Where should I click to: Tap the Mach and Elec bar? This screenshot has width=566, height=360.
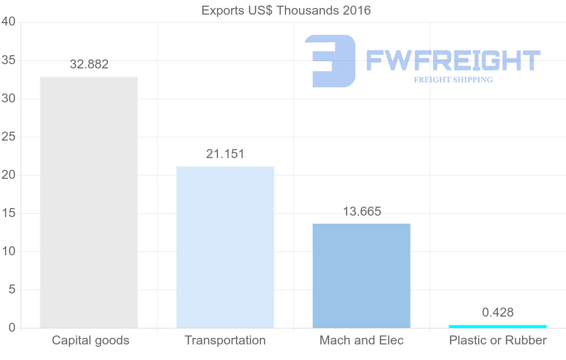tap(361, 276)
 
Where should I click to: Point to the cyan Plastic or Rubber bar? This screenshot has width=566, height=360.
tap(498, 326)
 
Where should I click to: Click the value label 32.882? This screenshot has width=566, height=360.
tap(89, 64)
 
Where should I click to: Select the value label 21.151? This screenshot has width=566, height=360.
tap(225, 154)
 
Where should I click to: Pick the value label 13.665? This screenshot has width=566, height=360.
tap(362, 211)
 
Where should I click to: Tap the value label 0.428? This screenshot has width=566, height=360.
tap(498, 312)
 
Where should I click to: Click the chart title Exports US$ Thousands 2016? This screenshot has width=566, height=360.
tap(286, 10)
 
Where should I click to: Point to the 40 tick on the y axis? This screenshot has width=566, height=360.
tap(9, 22)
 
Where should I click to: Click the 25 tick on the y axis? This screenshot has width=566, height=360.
tap(9, 137)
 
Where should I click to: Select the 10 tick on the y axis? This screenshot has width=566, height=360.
tap(9, 251)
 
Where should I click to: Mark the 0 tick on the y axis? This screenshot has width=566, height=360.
tap(12, 328)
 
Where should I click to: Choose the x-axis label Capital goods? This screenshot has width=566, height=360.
tap(91, 340)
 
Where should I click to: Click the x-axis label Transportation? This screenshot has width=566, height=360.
tap(225, 340)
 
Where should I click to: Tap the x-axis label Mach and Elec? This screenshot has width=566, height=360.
tap(362, 340)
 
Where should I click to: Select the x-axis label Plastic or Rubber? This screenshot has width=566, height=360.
tap(498, 340)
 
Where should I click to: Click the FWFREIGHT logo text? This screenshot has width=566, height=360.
tap(453, 60)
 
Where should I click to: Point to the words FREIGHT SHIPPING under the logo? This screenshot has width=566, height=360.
tap(453, 80)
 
